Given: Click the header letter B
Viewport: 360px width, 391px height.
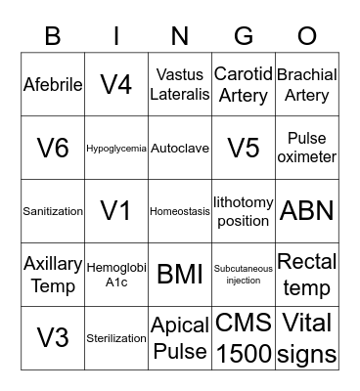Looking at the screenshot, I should (x=53, y=36).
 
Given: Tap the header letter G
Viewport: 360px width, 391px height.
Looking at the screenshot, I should (x=244, y=36).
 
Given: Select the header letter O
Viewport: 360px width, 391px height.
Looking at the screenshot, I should (x=307, y=36).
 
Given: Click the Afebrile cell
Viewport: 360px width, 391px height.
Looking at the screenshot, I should (x=53, y=84).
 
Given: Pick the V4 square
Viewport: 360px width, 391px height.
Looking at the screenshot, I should (x=116, y=84).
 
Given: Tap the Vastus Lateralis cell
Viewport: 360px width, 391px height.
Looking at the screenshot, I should (x=180, y=84).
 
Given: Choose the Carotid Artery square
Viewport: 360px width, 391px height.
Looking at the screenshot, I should (x=244, y=84).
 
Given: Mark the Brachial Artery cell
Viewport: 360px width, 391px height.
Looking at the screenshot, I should (x=307, y=84).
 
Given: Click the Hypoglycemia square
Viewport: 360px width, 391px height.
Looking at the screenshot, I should (x=116, y=149).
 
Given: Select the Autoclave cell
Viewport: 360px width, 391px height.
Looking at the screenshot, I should (x=180, y=149).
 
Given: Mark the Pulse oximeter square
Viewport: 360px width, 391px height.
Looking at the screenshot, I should (x=307, y=149).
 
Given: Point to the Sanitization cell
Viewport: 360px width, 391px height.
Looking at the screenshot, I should (x=53, y=211).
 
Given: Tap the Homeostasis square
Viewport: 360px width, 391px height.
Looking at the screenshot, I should (x=180, y=211).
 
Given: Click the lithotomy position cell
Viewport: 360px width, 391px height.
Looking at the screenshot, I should (x=244, y=211).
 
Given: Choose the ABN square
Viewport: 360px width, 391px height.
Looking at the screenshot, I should (x=307, y=211).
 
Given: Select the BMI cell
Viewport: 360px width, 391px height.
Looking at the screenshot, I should (x=180, y=274).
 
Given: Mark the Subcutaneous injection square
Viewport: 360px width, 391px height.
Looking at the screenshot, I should (x=244, y=274).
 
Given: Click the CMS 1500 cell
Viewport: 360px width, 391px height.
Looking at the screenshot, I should (x=244, y=337).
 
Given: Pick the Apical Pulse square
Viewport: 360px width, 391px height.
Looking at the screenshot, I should (x=180, y=337).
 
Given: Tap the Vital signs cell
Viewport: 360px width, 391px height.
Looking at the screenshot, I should (x=307, y=337).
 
